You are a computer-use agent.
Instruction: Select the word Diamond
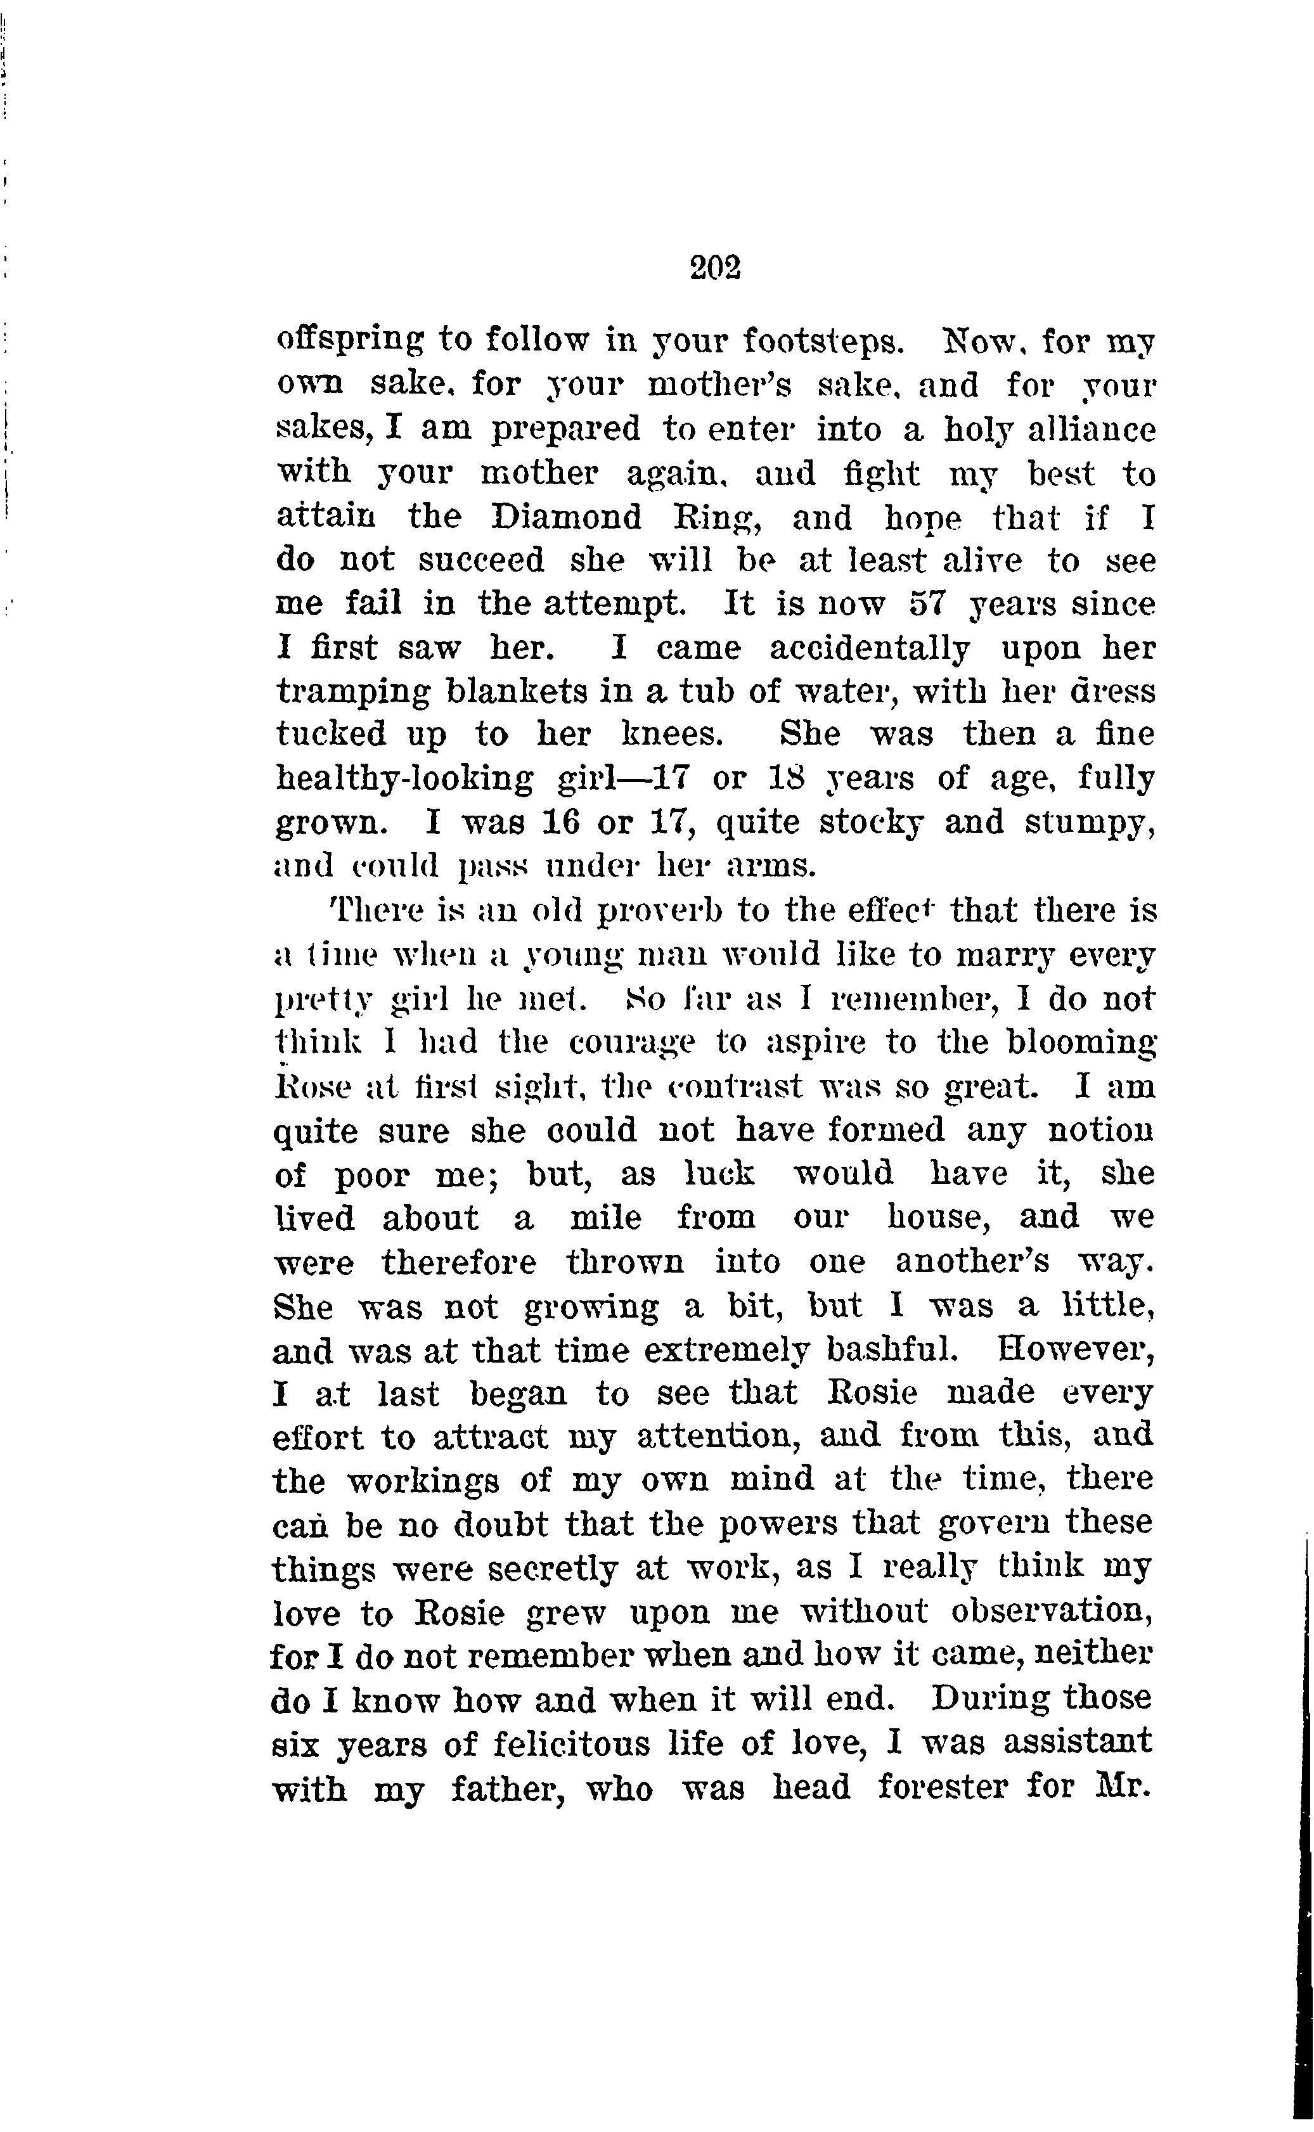tap(566, 518)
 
